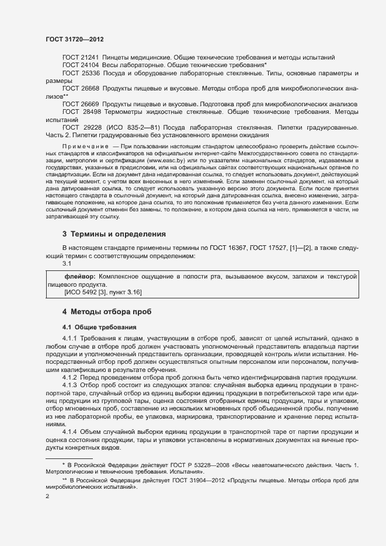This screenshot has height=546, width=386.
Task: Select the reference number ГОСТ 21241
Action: tap(81, 57)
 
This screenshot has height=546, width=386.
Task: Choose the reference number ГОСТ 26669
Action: tap(81, 103)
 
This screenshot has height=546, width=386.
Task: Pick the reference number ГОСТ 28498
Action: tap(81, 111)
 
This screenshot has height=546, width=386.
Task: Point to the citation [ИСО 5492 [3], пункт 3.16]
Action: tap(103, 291)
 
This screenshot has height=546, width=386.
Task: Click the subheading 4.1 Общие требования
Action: tap(99, 326)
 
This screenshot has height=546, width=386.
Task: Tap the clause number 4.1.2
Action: tap(69, 377)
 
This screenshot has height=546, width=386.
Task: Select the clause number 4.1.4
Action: tap(69, 432)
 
